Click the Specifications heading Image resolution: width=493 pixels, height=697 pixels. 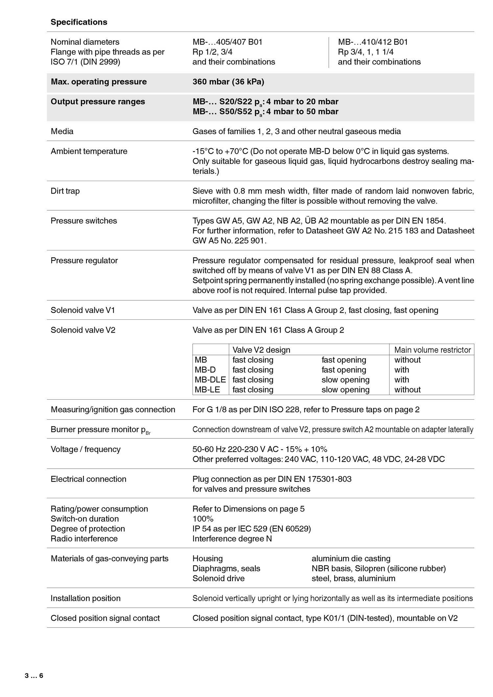point(79,22)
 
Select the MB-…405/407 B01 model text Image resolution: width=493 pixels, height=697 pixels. point(227,42)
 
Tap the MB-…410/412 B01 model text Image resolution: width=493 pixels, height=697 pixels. point(373,42)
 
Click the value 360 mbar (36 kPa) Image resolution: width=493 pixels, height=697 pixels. point(228,81)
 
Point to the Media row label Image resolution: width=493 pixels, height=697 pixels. point(62,131)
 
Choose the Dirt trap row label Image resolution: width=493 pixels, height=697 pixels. point(65,191)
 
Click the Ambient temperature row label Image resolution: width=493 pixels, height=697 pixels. point(89,151)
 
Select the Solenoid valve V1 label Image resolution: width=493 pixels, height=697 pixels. point(83,310)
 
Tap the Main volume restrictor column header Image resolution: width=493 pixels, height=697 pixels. point(433,350)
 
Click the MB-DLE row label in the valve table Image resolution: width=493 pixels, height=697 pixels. point(210,380)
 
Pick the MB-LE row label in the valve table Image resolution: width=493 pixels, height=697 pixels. point(207,389)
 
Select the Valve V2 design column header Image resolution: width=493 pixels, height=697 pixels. point(261,350)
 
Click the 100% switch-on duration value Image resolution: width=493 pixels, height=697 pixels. point(203,519)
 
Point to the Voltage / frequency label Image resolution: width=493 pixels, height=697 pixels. point(85,449)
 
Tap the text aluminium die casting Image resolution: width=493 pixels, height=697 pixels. point(351,558)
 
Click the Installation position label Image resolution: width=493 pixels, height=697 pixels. point(85,598)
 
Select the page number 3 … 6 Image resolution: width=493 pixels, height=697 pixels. point(34,676)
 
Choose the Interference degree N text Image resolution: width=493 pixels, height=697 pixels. point(232,539)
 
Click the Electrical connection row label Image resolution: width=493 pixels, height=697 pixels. point(88,479)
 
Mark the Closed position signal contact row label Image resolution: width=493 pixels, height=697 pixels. point(105,618)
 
